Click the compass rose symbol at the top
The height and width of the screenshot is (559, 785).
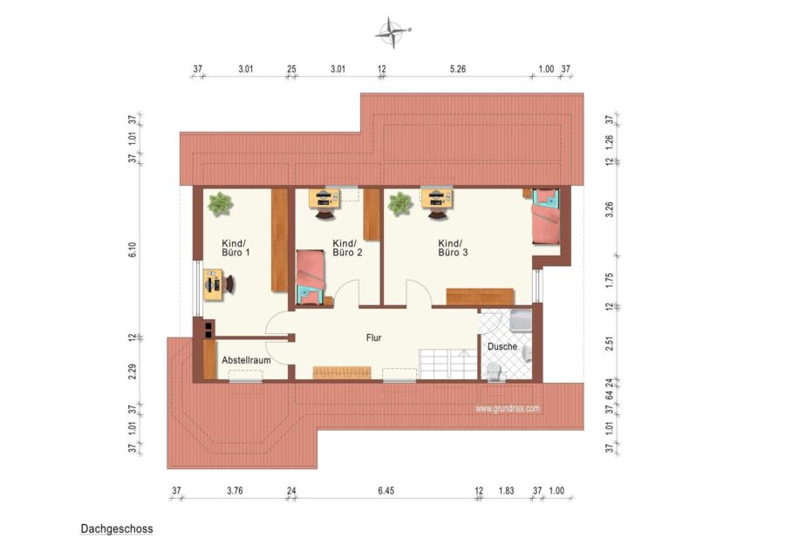(393, 32)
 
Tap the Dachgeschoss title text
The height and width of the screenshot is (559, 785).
(117, 529)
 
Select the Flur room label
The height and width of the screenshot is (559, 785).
(373, 337)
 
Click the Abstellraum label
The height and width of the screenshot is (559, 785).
(246, 360)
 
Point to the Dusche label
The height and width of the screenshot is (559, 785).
(502, 346)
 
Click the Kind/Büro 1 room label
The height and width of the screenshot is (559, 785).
(235, 248)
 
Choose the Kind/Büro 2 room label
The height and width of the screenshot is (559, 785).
(347, 248)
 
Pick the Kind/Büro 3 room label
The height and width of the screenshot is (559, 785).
(453, 248)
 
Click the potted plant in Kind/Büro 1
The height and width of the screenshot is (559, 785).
(221, 204)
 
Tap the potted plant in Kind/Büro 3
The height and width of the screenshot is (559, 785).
(400, 204)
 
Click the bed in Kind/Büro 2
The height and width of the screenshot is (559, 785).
(311, 277)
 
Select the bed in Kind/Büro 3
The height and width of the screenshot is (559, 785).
(545, 216)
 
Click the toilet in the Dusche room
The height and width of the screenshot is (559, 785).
(495, 372)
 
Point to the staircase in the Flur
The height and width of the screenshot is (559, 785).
(448, 365)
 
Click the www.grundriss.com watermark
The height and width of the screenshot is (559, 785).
(508, 408)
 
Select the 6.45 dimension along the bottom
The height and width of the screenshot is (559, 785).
(386, 491)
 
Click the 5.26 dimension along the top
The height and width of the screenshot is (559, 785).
(458, 69)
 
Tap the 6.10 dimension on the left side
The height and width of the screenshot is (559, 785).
(133, 249)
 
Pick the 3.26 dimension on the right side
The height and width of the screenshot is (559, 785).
(610, 209)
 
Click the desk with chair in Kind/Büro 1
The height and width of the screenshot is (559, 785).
(218, 284)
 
